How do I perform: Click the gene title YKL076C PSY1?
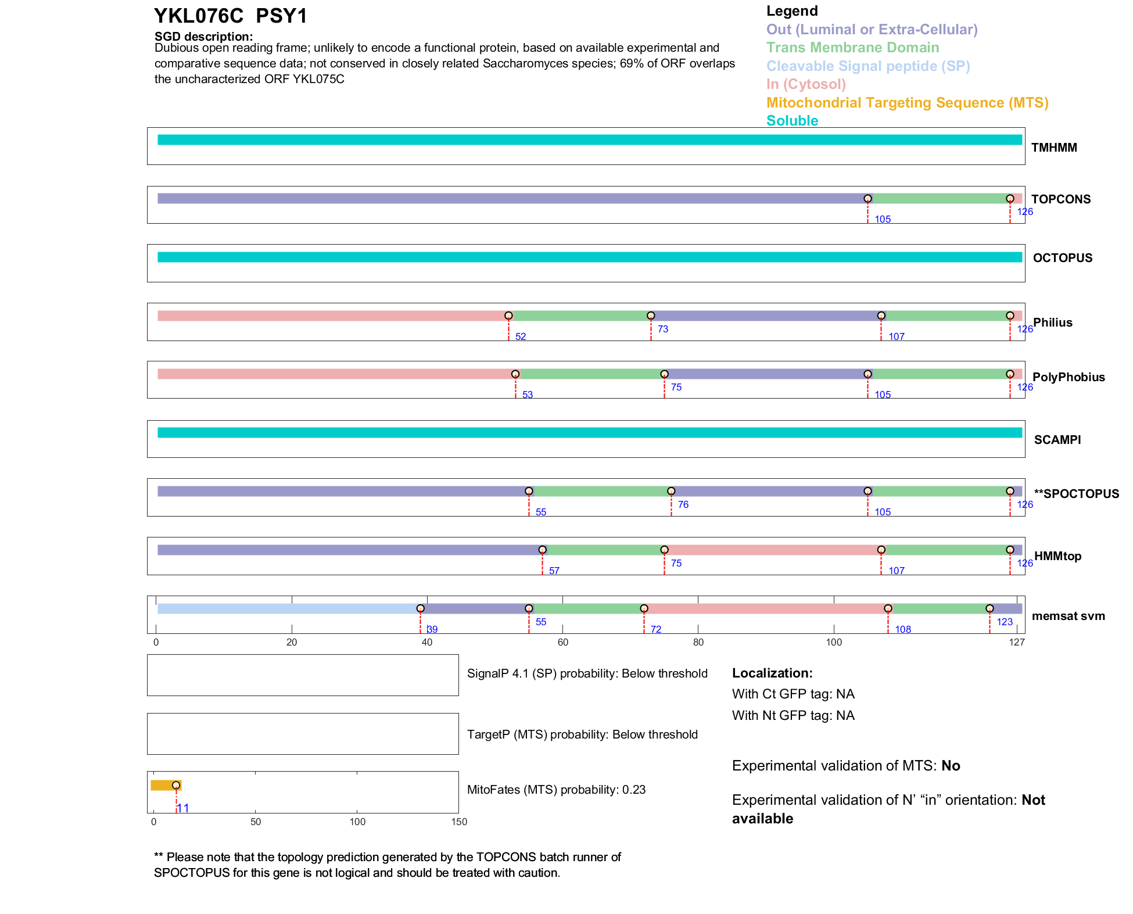click(231, 16)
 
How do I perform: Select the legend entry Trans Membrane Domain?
click(852, 48)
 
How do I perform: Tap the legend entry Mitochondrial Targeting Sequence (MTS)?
click(907, 103)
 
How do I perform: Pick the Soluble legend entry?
click(792, 121)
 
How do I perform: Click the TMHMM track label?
click(1054, 148)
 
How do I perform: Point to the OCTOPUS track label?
click(1062, 258)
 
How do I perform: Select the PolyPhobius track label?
click(1069, 377)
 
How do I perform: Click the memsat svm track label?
click(1068, 616)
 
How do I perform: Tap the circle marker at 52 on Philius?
click(508, 316)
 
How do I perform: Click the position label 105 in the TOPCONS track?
click(883, 219)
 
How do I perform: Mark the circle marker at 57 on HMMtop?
click(542, 550)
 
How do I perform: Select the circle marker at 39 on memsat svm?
click(420, 608)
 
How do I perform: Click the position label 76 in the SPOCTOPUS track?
click(683, 504)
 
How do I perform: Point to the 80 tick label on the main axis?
click(698, 642)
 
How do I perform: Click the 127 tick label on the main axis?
click(1017, 642)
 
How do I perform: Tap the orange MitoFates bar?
click(165, 785)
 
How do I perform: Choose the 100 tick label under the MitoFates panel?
click(357, 822)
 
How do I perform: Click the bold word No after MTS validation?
click(951, 766)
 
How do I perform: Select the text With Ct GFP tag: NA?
click(793, 694)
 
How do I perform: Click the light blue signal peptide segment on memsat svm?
click(288, 608)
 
